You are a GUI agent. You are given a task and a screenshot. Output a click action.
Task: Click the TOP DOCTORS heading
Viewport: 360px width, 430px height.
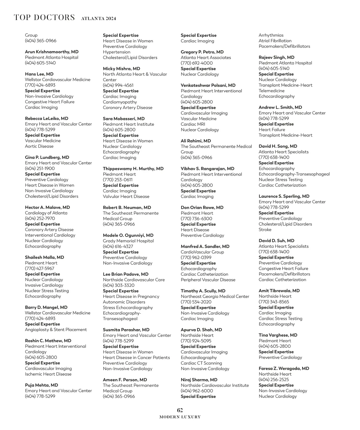pyautogui.click(x=44, y=17)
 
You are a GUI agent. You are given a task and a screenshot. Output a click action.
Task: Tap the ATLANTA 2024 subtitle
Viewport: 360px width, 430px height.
pyautogui.click(x=98, y=19)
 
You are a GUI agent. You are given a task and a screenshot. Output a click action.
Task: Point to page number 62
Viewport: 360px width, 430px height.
pyautogui.click(x=180, y=410)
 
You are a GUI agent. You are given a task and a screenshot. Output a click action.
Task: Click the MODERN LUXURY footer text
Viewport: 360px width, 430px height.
pyautogui.click(x=180, y=417)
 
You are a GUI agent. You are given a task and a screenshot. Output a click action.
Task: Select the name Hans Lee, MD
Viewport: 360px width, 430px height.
pyautogui.click(x=39, y=74)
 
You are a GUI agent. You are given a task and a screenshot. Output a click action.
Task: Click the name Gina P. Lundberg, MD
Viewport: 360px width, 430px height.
pyautogui.click(x=47, y=157)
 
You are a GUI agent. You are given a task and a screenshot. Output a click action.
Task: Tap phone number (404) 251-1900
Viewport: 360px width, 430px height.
pyautogui.click(x=40, y=168)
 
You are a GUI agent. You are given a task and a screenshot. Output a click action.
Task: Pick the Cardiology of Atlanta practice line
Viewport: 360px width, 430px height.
pyautogui.click(x=46, y=213)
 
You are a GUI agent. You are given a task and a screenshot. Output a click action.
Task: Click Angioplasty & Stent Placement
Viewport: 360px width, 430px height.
pyautogui.click(x=56, y=329)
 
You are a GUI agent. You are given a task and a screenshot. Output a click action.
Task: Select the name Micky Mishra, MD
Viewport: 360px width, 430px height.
pyautogui.click(x=121, y=69)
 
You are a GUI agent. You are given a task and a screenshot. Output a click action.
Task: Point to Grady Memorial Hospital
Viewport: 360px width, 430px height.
pyautogui.click(x=128, y=241)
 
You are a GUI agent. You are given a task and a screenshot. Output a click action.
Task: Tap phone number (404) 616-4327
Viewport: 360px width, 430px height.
pyautogui.click(x=118, y=246)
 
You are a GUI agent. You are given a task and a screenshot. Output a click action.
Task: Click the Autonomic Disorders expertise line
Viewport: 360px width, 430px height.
pyautogui.click(x=124, y=302)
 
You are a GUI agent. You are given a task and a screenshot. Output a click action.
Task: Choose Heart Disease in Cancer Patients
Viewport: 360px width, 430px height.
pyautogui.click(x=136, y=357)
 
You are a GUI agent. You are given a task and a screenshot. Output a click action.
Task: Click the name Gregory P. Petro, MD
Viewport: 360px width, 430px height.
pyautogui.click(x=202, y=52)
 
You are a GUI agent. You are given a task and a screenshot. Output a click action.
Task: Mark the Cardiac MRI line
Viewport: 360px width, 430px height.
pyautogui.click(x=193, y=124)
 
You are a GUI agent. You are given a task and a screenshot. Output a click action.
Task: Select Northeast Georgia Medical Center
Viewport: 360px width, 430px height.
pyautogui.click(x=215, y=296)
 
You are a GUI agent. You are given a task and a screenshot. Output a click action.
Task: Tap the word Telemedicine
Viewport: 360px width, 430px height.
pyautogui.click(x=271, y=91)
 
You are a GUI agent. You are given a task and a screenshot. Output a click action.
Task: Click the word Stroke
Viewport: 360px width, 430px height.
pyautogui.click(x=265, y=230)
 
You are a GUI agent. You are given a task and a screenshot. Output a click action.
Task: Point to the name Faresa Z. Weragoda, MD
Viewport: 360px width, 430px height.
pyautogui.click(x=284, y=368)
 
